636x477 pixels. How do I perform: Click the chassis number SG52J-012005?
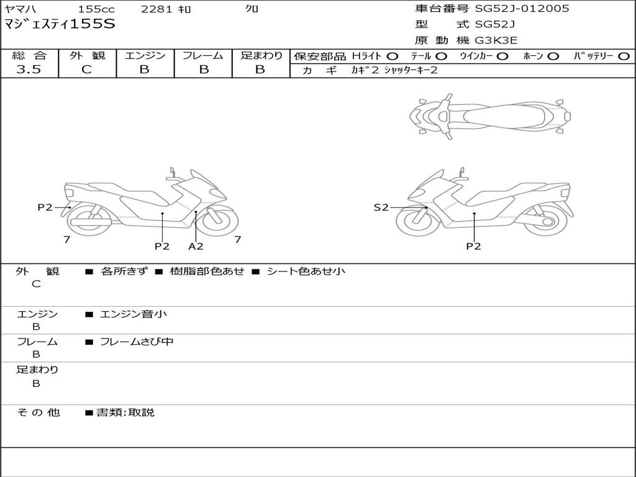pos(522,9)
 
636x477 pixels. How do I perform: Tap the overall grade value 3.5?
pos(29,70)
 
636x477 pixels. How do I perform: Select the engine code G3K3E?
pos(496,40)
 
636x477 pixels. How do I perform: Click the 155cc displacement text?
pos(96,9)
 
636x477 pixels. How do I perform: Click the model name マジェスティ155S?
pos(60,25)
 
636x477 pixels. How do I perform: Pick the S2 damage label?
pos(381,207)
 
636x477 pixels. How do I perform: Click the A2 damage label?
pos(196,247)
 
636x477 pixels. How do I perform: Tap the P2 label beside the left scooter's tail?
pos(45,207)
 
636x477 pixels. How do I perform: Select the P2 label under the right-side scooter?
pos(473,247)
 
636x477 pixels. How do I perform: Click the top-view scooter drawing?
pos(489,116)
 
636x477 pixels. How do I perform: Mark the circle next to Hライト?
pos(393,56)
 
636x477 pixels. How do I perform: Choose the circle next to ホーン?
pos(553,56)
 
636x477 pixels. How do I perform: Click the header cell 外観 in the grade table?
pos(87,55)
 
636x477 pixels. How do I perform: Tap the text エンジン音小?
pos(134,314)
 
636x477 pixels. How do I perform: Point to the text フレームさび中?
pos(137,342)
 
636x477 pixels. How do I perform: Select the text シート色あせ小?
pos(306,271)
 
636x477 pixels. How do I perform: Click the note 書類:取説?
pos(125,412)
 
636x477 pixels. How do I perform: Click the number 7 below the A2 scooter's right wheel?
pos(238,239)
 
